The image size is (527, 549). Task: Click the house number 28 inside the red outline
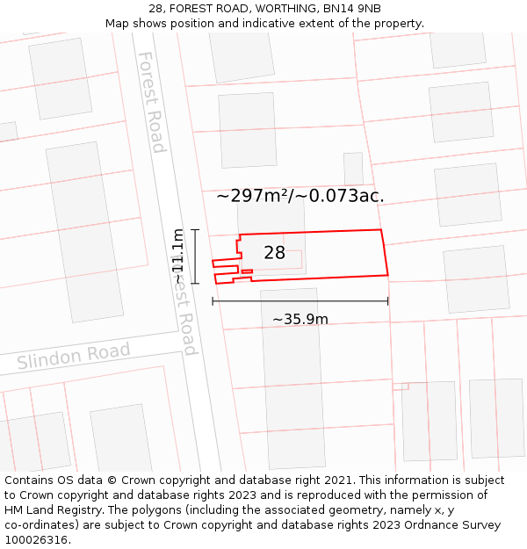274,253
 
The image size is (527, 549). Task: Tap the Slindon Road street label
73,357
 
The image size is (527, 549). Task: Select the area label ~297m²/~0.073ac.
300,196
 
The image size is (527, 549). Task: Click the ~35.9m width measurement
300,319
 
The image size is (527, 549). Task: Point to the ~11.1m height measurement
178,256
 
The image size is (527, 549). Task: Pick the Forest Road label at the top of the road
151,101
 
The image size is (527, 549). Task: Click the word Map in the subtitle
117,24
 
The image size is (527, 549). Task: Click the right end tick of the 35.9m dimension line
388,301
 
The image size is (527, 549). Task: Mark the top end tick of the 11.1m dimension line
195,230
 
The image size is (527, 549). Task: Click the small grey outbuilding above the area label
353,168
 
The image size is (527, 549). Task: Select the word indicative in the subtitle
300,24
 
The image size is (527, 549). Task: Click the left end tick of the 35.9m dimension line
213,301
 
